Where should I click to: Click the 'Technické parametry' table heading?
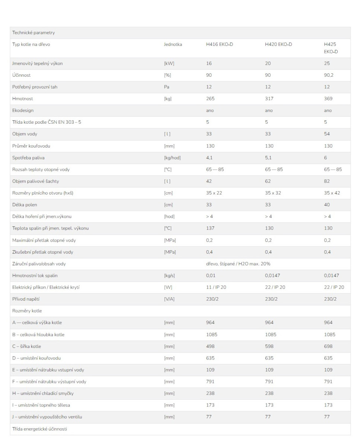(x=34, y=33)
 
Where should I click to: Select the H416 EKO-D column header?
(x=219, y=44)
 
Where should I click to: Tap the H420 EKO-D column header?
(x=278, y=44)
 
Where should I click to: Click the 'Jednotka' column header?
(x=173, y=44)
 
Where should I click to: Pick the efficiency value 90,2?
(x=329, y=75)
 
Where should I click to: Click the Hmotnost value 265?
(x=210, y=99)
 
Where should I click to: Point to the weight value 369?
(x=328, y=99)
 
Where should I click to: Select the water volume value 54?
(x=327, y=134)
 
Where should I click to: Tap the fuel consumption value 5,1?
(x=268, y=158)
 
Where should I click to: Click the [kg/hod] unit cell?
(x=172, y=158)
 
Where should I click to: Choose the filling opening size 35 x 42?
(x=332, y=193)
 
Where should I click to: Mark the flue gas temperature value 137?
(x=210, y=228)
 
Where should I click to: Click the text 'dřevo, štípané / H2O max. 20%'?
(x=238, y=264)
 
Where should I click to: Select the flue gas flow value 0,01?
(x=211, y=276)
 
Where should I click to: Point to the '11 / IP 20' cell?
(x=216, y=287)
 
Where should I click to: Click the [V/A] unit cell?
(x=169, y=299)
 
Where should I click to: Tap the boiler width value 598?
(x=269, y=346)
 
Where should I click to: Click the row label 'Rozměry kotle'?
(x=27, y=311)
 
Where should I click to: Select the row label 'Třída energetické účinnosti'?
(x=40, y=429)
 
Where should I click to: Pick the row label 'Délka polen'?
(x=25, y=205)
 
